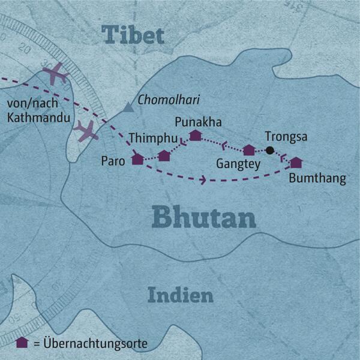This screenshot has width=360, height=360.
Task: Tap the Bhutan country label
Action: click(x=204, y=217)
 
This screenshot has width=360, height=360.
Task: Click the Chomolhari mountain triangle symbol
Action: click(x=128, y=109)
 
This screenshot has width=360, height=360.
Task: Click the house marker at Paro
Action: click(x=138, y=159)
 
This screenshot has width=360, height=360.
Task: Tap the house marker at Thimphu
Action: click(x=164, y=156)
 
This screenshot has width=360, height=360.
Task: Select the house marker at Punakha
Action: click(x=195, y=135)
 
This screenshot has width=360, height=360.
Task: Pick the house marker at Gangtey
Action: click(x=248, y=150)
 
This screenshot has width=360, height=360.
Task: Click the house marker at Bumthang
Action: click(x=296, y=163)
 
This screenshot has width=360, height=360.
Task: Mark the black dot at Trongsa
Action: click(x=270, y=150)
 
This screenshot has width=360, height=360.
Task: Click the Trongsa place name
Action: click(x=286, y=136)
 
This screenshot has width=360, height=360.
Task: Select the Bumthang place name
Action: click(x=317, y=179)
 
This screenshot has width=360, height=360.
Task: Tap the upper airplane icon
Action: click(x=56, y=74)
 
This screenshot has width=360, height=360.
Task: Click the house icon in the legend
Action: click(x=22, y=343)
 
